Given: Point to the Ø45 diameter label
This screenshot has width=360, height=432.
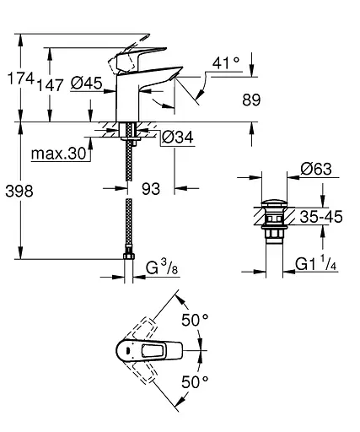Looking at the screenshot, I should point(86,83).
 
